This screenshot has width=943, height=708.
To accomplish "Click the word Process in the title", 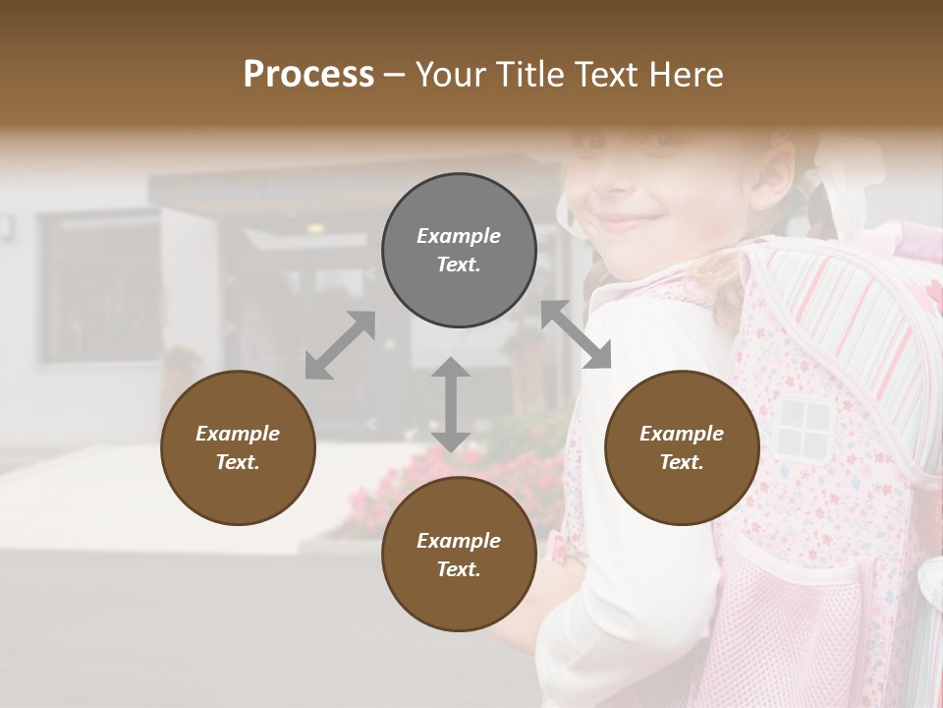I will [308, 75].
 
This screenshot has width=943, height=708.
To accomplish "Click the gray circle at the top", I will [459, 251].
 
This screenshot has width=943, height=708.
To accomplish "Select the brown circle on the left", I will [238, 447].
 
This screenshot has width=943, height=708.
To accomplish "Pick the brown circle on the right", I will [682, 447].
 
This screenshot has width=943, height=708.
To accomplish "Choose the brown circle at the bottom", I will [459, 555].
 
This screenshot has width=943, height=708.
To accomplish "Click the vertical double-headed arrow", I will [451, 404].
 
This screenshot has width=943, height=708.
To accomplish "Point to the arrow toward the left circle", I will [340, 345].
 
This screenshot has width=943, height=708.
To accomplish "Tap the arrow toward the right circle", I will [576, 334].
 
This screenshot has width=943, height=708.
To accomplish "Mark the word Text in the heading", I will [606, 75].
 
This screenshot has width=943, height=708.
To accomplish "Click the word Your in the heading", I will [453, 75].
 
